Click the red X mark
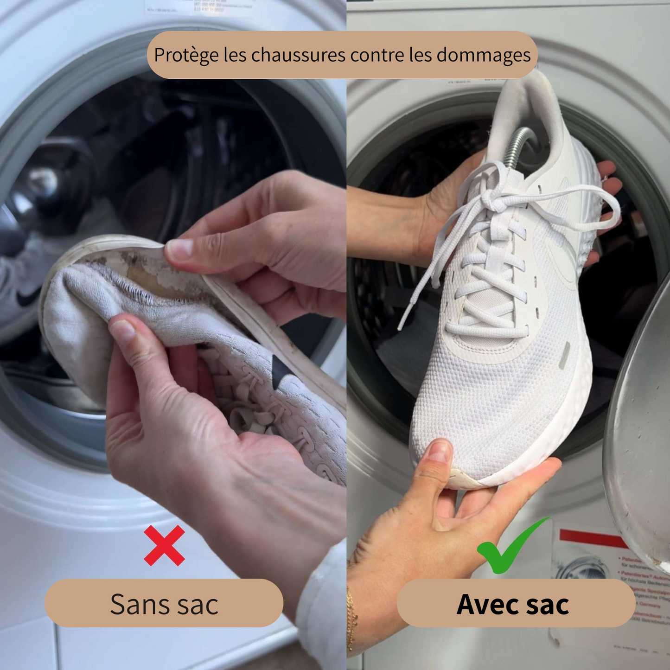[164, 546]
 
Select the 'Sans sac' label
[164, 603]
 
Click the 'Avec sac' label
[513, 604]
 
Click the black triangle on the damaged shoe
[280, 370]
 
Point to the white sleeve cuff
[322, 603]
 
